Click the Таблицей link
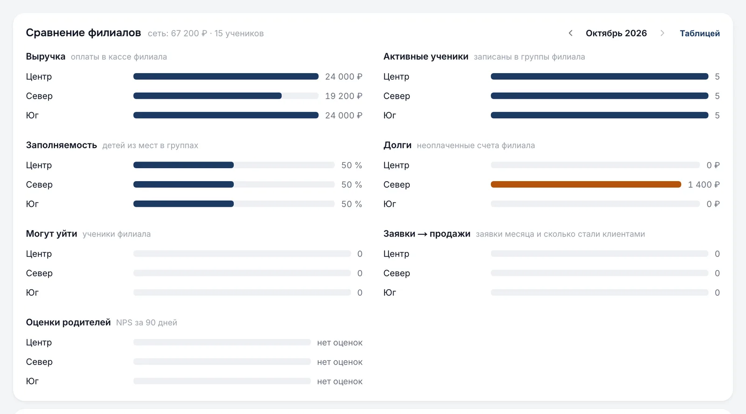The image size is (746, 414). (699, 33)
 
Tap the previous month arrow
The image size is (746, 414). (571, 33)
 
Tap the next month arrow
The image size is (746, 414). (662, 33)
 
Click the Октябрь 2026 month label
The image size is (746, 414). (616, 33)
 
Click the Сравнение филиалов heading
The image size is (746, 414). (83, 33)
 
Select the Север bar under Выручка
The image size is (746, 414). (207, 96)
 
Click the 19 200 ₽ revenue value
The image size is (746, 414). (343, 96)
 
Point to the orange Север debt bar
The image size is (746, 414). (586, 184)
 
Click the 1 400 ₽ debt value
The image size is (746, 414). (704, 184)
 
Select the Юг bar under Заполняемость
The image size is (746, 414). (184, 204)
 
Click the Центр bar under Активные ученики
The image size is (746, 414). (600, 76)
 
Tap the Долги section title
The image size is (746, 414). (397, 145)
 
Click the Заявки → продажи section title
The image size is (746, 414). (427, 234)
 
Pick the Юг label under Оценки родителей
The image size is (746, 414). (32, 381)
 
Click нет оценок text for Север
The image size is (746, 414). (340, 362)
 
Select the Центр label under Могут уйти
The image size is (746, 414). (39, 254)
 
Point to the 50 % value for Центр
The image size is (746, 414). (352, 165)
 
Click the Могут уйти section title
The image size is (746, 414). (52, 234)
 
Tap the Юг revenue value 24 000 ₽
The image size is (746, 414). (343, 115)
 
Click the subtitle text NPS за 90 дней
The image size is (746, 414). (146, 323)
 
